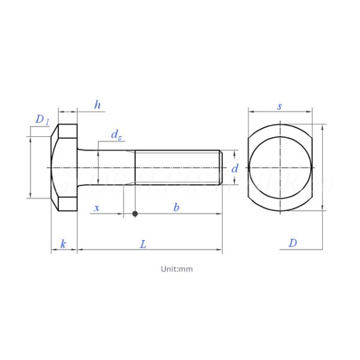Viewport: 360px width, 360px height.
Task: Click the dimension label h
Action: coord(97,105)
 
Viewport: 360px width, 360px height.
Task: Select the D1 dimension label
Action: coord(41,120)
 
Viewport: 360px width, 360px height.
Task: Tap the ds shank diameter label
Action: coord(116,134)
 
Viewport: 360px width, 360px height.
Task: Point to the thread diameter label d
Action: coord(235,169)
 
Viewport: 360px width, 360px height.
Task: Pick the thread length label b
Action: coord(176,208)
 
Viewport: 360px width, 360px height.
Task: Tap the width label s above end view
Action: coord(280,106)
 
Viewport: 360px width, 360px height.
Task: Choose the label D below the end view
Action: coord(292,243)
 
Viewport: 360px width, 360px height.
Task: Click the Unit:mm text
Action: coord(176,269)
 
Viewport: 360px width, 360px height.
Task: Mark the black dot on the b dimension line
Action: coord(135,214)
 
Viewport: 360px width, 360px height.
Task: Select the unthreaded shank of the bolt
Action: coord(108,167)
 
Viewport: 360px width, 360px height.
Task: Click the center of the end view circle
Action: coord(280,167)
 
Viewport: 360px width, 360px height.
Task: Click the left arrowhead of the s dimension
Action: coord(251,112)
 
